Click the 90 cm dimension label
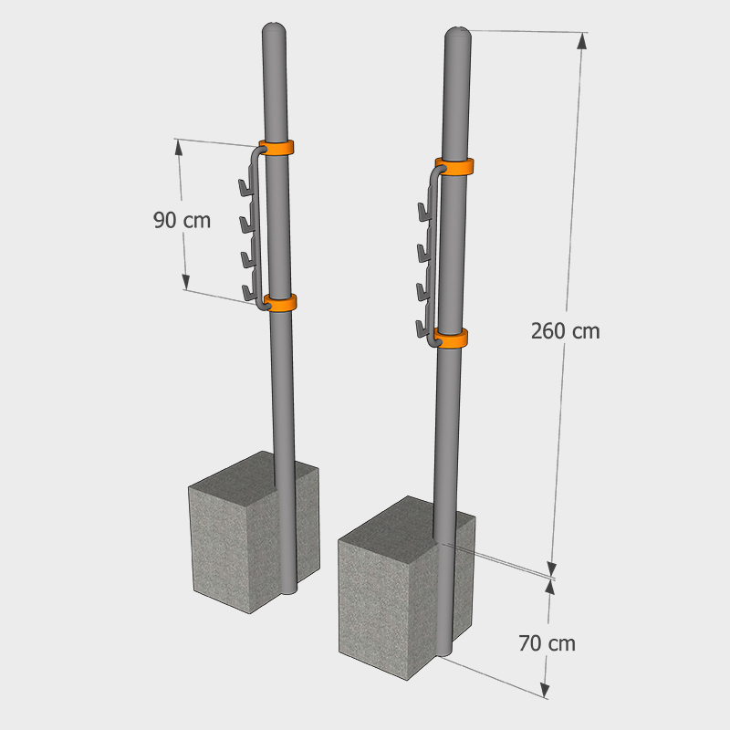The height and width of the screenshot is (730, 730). [x=182, y=220]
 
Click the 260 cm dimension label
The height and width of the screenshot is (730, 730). [x=565, y=331]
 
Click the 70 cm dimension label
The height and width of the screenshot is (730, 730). [x=547, y=643]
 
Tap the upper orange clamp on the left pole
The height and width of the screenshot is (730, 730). [x=276, y=148]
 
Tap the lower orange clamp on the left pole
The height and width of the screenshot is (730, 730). [x=280, y=303]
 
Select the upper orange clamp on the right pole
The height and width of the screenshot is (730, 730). [x=454, y=167]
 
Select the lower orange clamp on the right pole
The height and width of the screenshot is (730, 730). [x=452, y=339]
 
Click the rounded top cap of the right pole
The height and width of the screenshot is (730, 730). [x=458, y=35]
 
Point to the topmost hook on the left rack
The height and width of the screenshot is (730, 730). [x=245, y=187]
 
